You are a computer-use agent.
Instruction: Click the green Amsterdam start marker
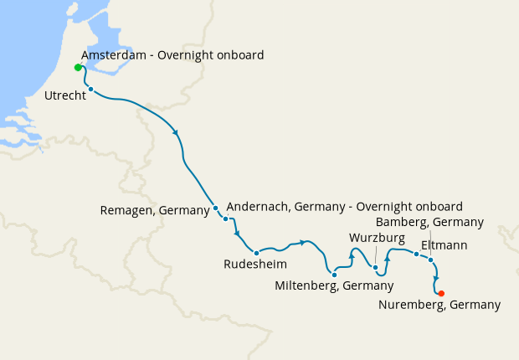click(78, 67)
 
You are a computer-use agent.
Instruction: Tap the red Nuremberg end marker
click(441, 293)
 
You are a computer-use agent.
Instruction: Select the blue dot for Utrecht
click(90, 90)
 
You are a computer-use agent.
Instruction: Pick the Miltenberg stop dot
click(334, 274)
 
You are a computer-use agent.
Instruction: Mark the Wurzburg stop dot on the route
click(376, 268)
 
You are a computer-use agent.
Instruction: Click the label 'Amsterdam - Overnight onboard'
click(172, 55)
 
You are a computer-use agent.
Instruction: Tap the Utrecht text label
click(64, 96)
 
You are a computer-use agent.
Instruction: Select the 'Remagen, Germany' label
click(155, 210)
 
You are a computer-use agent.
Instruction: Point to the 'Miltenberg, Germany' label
click(334, 285)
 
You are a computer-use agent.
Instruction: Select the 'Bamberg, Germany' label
click(429, 222)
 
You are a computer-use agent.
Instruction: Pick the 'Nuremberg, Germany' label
click(439, 306)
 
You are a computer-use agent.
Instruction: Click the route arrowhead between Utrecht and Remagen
click(175, 132)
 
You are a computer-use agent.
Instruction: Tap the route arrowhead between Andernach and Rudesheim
click(238, 233)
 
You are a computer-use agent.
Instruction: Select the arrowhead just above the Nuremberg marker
click(436, 280)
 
